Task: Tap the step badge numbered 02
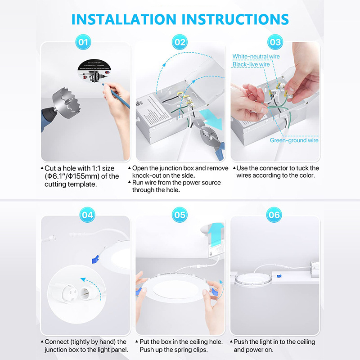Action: point(180,43)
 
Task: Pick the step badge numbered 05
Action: point(180,215)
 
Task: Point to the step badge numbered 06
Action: point(274,215)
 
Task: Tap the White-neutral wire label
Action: point(256,57)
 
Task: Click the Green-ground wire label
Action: point(294,140)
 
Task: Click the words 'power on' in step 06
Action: point(267,349)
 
